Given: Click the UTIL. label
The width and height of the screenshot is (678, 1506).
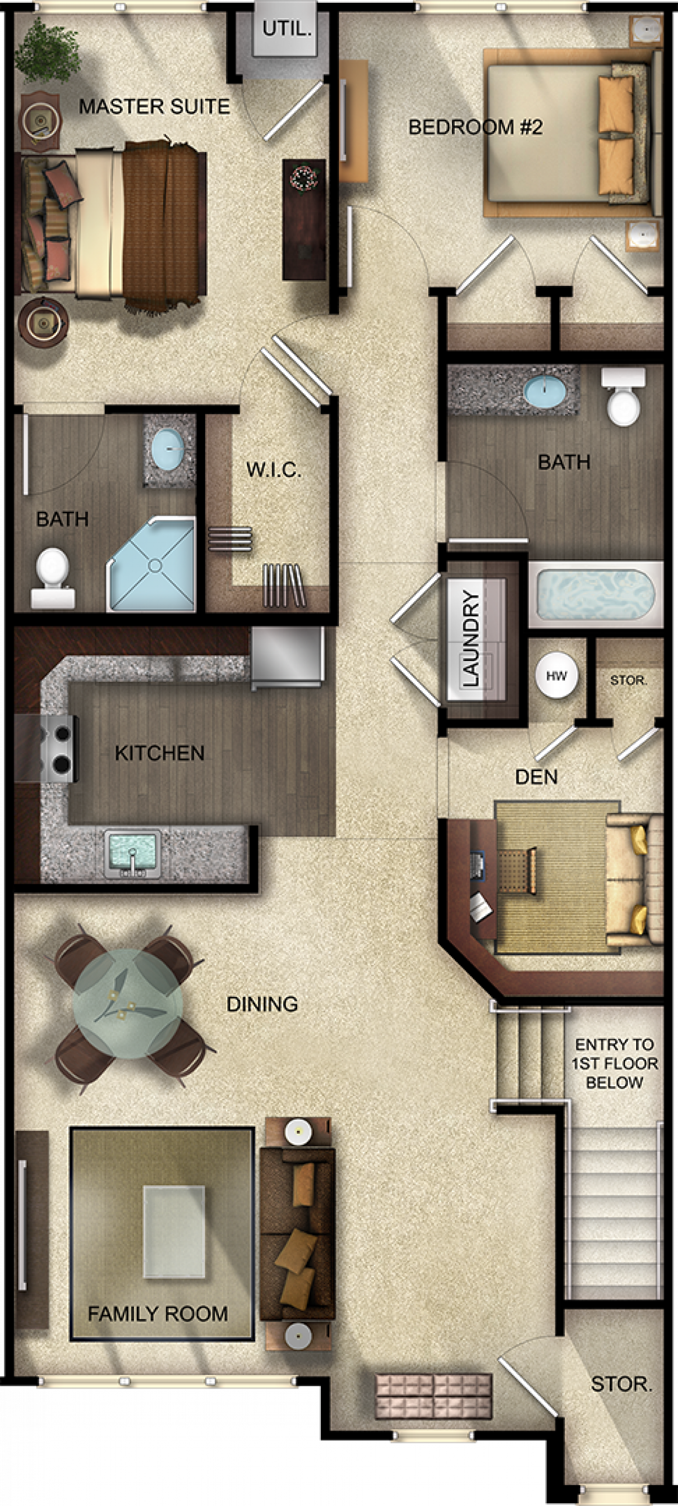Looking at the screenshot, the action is point(286,29).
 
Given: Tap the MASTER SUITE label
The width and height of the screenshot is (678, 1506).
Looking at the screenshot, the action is point(154,106).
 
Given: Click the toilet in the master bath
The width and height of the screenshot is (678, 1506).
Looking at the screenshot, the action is point(53,578).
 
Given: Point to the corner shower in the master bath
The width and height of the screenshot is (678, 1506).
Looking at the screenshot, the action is point(151,564).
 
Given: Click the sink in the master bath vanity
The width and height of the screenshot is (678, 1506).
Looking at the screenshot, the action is point(168,448).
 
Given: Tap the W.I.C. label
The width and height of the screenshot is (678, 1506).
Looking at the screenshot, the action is point(274,469).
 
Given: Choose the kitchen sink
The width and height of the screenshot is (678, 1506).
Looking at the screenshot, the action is point(132,854).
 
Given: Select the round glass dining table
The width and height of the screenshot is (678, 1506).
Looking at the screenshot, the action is point(128,1003).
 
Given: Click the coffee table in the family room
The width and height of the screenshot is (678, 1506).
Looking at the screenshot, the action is point(174,1231).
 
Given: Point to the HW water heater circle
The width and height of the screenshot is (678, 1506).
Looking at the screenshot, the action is point(557,675).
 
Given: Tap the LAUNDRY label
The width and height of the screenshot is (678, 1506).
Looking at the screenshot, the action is point(471,638).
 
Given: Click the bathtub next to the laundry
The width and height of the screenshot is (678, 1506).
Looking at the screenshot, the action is point(595,594).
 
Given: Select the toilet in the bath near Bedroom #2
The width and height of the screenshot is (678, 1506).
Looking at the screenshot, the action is point(624,397).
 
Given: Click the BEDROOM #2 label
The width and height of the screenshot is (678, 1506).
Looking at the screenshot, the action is point(476,127).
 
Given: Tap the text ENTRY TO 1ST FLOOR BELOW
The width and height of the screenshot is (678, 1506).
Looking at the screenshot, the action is point(615,1063).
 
